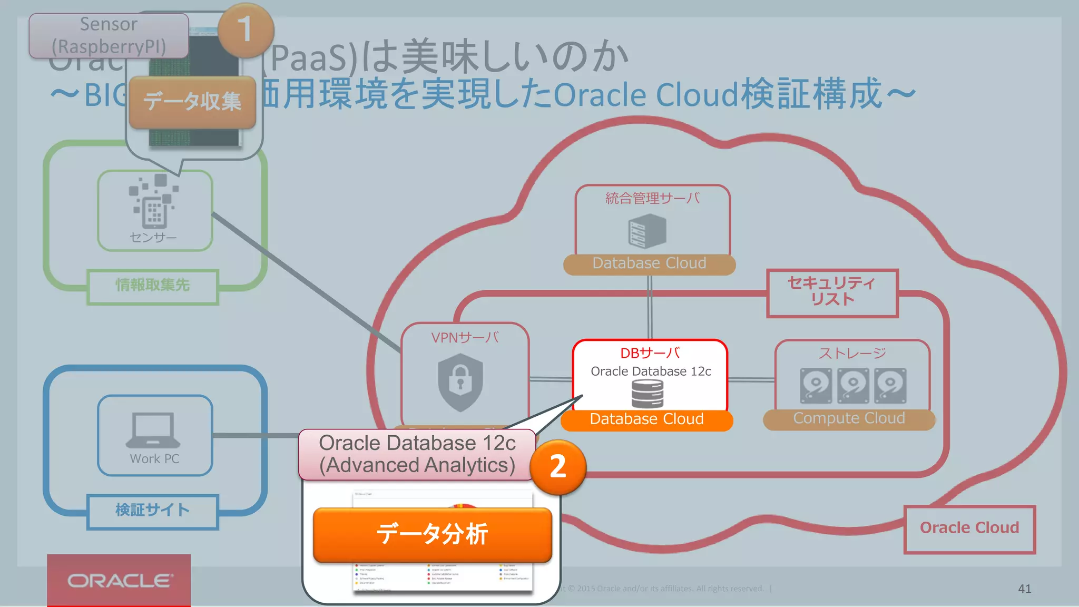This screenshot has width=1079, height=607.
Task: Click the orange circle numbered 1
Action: coord(246,30)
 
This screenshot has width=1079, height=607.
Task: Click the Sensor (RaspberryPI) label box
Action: coord(109,35)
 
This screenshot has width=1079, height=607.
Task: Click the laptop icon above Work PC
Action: coord(153,430)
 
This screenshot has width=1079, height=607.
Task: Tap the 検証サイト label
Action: coord(153,511)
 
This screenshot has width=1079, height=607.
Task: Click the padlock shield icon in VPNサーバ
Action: coord(460,382)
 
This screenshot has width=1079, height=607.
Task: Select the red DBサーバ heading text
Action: coord(650,353)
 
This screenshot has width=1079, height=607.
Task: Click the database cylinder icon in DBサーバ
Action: coord(648,394)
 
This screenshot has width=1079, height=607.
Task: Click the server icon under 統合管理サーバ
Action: coord(647,232)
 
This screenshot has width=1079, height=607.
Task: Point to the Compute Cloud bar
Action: coord(849,419)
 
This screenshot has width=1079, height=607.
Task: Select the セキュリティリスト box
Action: coord(832,292)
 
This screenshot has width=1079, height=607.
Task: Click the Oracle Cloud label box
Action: coord(969,528)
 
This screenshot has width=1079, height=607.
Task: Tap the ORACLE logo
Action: coord(119,581)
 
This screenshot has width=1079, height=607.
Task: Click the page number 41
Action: coord(1024,589)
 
